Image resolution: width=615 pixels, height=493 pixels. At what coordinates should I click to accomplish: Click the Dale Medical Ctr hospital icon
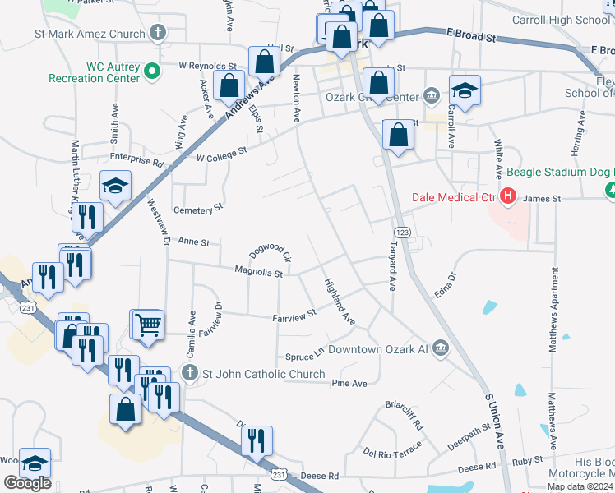pos(508,197)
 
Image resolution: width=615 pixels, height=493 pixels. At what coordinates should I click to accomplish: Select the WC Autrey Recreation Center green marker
pos(151,71)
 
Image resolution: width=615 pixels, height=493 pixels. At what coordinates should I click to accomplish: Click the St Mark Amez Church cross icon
pos(159,35)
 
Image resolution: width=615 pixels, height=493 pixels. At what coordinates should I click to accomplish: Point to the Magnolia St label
pos(258,271)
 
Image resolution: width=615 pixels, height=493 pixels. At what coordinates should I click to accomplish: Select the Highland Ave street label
pos(339,302)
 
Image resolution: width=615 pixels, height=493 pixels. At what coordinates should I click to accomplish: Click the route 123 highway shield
pos(401,233)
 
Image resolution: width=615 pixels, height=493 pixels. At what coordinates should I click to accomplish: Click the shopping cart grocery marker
pos(149,324)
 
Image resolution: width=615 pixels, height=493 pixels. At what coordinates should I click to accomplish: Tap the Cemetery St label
pos(198,210)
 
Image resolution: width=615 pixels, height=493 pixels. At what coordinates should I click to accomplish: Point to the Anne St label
pos(194,243)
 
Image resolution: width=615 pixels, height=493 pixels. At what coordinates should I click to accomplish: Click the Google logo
pos(27,483)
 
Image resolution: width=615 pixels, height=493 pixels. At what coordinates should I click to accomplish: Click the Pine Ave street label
pos(349,383)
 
